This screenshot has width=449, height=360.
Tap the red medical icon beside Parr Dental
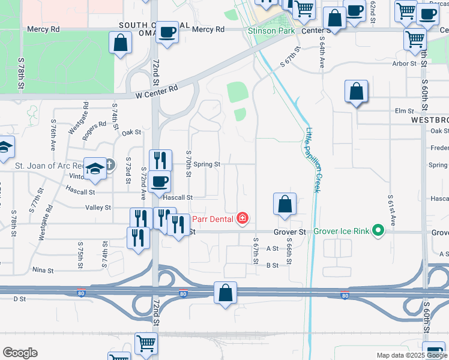(243, 218)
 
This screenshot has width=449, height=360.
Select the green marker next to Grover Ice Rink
(378, 230)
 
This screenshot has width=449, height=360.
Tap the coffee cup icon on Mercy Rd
(167, 32)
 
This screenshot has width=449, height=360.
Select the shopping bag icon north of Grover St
(285, 203)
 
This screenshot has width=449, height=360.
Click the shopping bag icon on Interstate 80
(225, 293)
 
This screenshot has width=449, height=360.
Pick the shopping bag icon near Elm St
(356, 91)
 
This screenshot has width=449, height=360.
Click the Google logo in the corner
(20, 353)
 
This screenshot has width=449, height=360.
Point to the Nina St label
(43, 270)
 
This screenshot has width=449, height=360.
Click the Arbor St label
(405, 63)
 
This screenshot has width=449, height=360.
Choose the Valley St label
(99, 208)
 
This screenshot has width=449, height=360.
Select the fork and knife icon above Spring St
(160, 160)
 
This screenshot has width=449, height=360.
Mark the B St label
(273, 265)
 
